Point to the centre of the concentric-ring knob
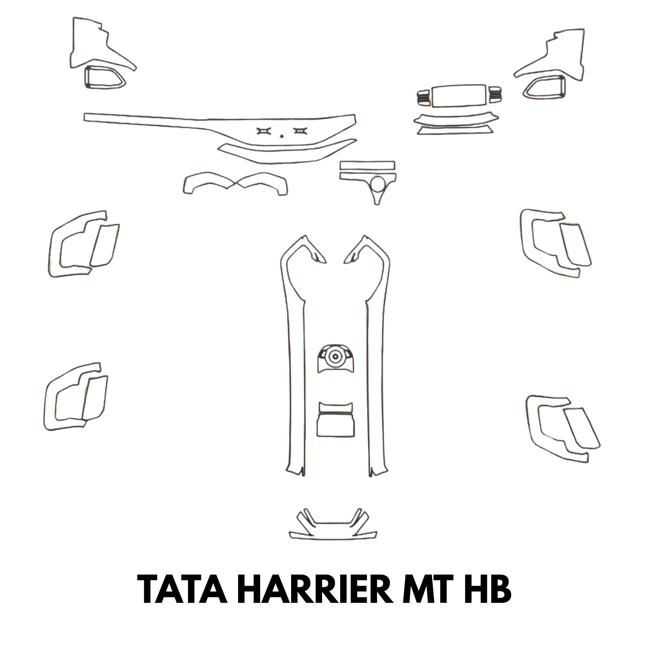coord(335,357)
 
